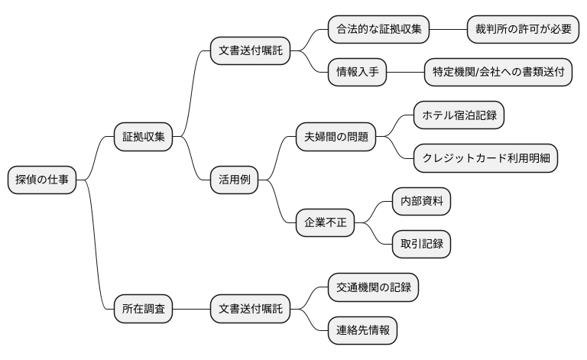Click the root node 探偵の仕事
click(x=42, y=180)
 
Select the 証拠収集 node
click(x=143, y=138)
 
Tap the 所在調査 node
click(x=143, y=310)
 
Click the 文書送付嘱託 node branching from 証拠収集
click(x=250, y=52)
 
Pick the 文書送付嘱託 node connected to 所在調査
click(x=250, y=310)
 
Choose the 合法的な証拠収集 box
click(x=378, y=30)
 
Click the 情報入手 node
click(x=357, y=73)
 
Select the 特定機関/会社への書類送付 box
click(x=498, y=73)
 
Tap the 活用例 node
click(x=235, y=180)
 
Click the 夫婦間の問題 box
click(x=336, y=138)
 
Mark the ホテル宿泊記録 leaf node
click(x=459, y=116)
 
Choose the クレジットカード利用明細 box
click(x=485, y=159)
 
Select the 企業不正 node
click(x=326, y=223)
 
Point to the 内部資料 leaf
click(x=421, y=202)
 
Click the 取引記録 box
click(x=421, y=245)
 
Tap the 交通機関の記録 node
click(x=373, y=288)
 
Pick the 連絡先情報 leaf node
click(x=363, y=331)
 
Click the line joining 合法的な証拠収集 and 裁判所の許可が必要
click(x=448, y=30)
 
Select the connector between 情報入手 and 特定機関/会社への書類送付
click(x=405, y=73)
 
